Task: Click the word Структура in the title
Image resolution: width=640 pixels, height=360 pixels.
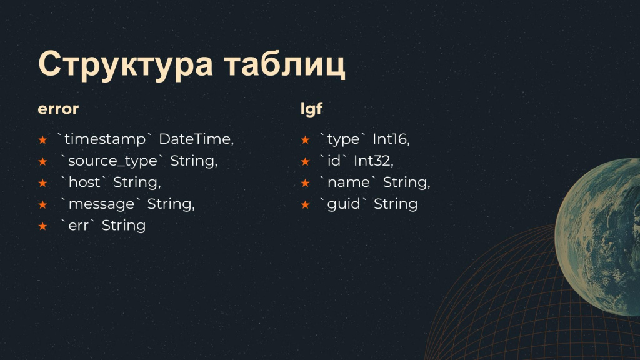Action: [126, 65]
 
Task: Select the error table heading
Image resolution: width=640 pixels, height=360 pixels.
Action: [58, 109]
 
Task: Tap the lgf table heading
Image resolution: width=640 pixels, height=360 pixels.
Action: [311, 109]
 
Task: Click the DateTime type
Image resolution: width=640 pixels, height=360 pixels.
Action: [196, 139]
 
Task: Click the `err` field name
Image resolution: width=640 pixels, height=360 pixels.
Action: [78, 226]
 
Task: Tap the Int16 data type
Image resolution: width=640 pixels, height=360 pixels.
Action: [391, 139]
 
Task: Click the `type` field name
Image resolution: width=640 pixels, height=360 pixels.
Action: [343, 139]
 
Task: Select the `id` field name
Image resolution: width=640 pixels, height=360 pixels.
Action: [334, 161]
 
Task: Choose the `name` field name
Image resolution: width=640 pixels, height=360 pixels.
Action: [348, 182]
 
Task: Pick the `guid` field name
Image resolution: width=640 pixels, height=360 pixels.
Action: [344, 204]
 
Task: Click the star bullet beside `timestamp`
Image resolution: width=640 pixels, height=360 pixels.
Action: [42, 140]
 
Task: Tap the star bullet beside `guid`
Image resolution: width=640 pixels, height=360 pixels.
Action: [305, 204]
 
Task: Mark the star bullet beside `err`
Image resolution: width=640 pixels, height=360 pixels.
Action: [42, 226]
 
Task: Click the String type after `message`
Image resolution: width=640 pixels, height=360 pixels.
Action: [171, 204]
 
